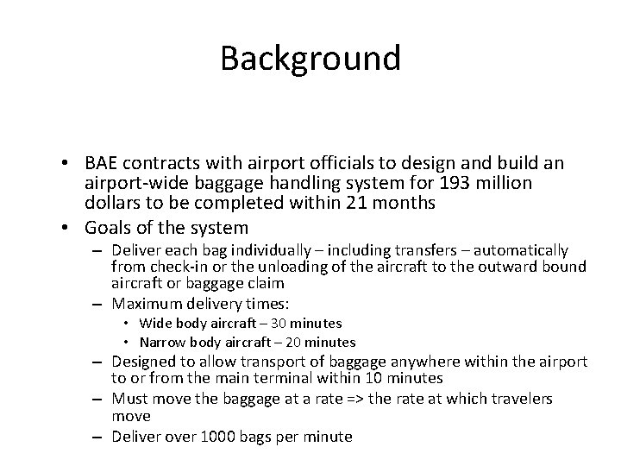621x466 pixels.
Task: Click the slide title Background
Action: [x=310, y=59]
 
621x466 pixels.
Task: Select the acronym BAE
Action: [x=103, y=163]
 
